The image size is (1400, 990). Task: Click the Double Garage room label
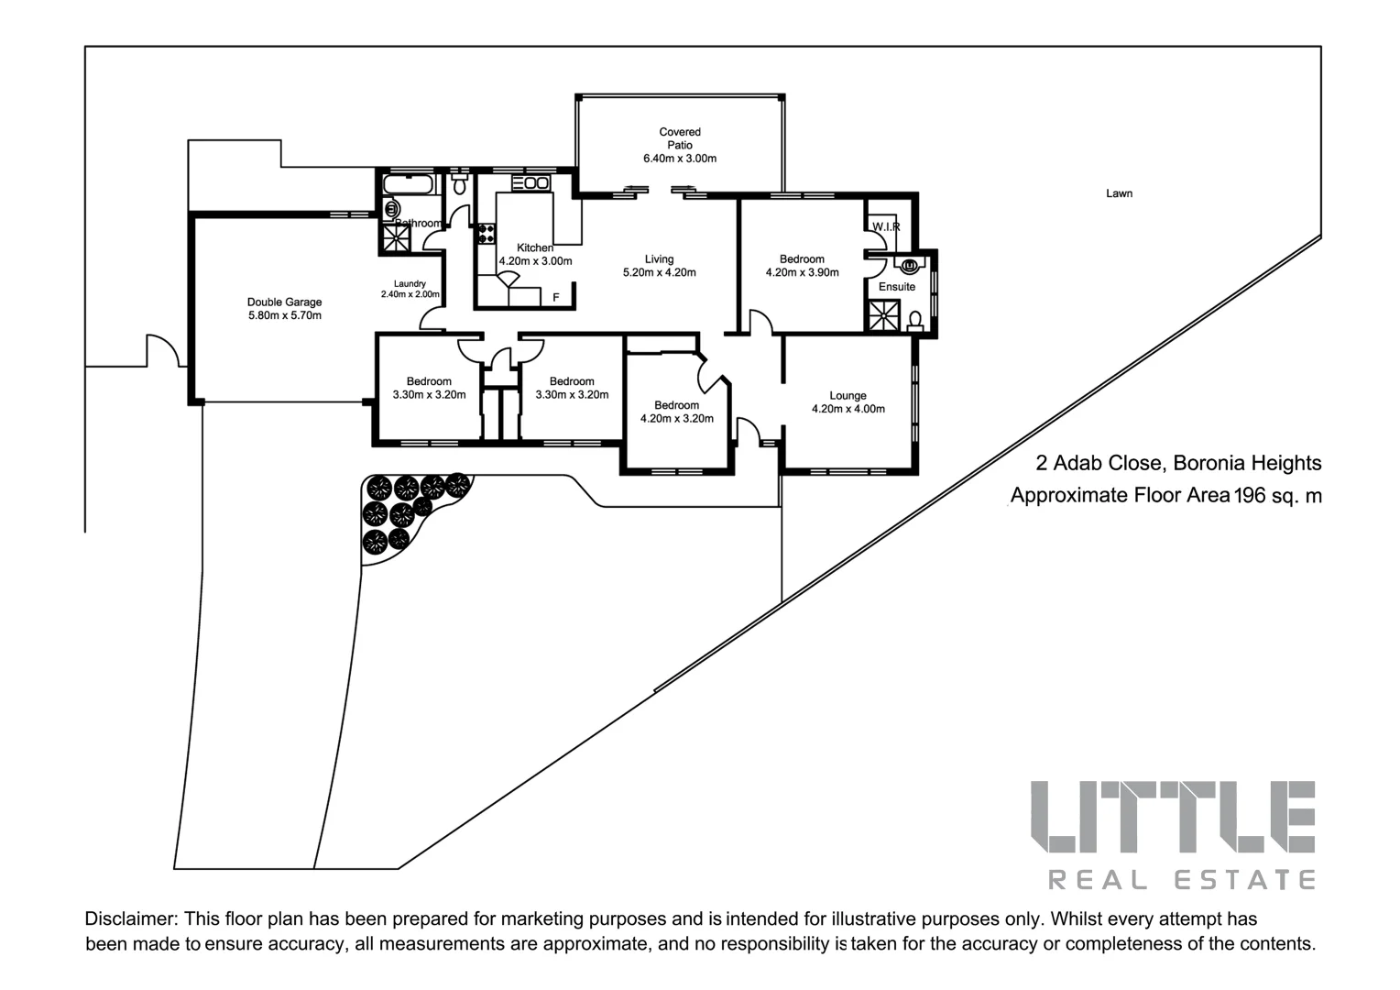click(284, 302)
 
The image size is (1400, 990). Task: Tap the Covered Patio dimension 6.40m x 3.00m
click(680, 159)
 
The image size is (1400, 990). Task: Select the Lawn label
click(1119, 193)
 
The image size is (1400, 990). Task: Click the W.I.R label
click(885, 226)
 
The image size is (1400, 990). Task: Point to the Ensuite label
click(896, 287)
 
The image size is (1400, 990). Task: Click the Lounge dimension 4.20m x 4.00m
click(848, 410)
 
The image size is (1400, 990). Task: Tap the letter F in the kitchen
click(555, 298)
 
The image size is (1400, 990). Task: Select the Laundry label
click(410, 284)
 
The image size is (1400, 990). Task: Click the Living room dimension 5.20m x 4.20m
click(659, 273)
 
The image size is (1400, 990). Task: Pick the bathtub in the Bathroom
click(407, 186)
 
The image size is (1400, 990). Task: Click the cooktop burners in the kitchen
click(486, 233)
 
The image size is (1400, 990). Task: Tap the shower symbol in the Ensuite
click(884, 315)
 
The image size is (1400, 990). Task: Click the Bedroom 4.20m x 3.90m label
click(802, 259)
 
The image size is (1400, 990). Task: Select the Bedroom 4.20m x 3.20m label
click(676, 405)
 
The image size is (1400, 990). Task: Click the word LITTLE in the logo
click(1173, 818)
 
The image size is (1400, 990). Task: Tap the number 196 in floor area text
click(1249, 496)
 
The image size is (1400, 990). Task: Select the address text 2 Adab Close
click(1099, 463)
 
